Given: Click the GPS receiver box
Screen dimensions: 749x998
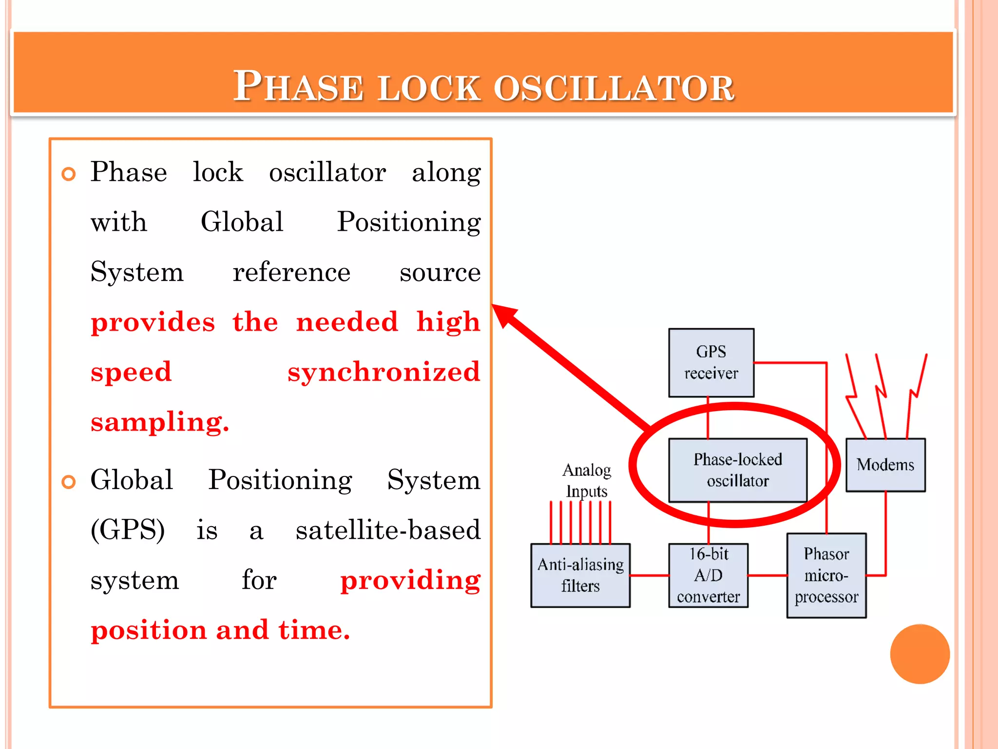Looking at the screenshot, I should tap(711, 362).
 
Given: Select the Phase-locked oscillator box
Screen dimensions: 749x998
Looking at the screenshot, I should tap(737, 470).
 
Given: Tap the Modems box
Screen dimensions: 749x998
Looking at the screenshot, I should tap(885, 465).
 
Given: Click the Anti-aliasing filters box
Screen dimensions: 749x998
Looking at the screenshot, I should tap(580, 575).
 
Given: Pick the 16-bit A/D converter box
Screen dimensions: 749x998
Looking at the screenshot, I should tap(708, 575).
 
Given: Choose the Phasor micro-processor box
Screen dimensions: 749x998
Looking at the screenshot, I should tap(826, 575).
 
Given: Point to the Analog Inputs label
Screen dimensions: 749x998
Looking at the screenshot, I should tap(586, 480).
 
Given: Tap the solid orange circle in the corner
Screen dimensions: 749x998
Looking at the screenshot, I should tap(920, 654).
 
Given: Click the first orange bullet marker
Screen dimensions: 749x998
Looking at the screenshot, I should tap(69, 174).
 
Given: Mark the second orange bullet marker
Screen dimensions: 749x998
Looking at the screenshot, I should tap(69, 482).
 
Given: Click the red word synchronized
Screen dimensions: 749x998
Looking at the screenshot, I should tap(384, 372).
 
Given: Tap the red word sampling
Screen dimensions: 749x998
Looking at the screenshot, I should tap(159, 422).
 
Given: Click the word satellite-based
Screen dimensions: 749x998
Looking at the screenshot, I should tap(388, 530).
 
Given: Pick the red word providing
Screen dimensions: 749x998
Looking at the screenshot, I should tap(410, 580).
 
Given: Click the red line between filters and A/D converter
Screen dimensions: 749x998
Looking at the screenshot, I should tap(649, 575).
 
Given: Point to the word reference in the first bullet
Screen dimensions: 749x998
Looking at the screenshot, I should tap(291, 272).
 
